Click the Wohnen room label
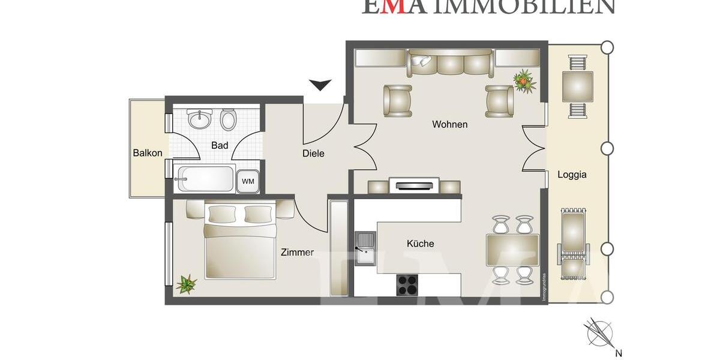point(449,125)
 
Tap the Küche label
point(420,244)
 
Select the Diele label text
point(313,154)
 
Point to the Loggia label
point(572,175)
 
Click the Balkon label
point(148,153)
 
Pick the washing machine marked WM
point(248,181)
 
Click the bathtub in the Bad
point(205,178)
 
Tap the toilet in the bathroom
point(229,119)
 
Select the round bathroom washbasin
point(199,119)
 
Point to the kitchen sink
point(364,248)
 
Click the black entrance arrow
point(320,85)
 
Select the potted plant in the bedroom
point(187,283)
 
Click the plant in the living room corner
point(524,80)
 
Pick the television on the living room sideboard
point(415,184)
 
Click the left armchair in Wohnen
point(398,100)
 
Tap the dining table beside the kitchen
point(512,250)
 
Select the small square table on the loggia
point(577,86)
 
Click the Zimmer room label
point(297,253)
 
